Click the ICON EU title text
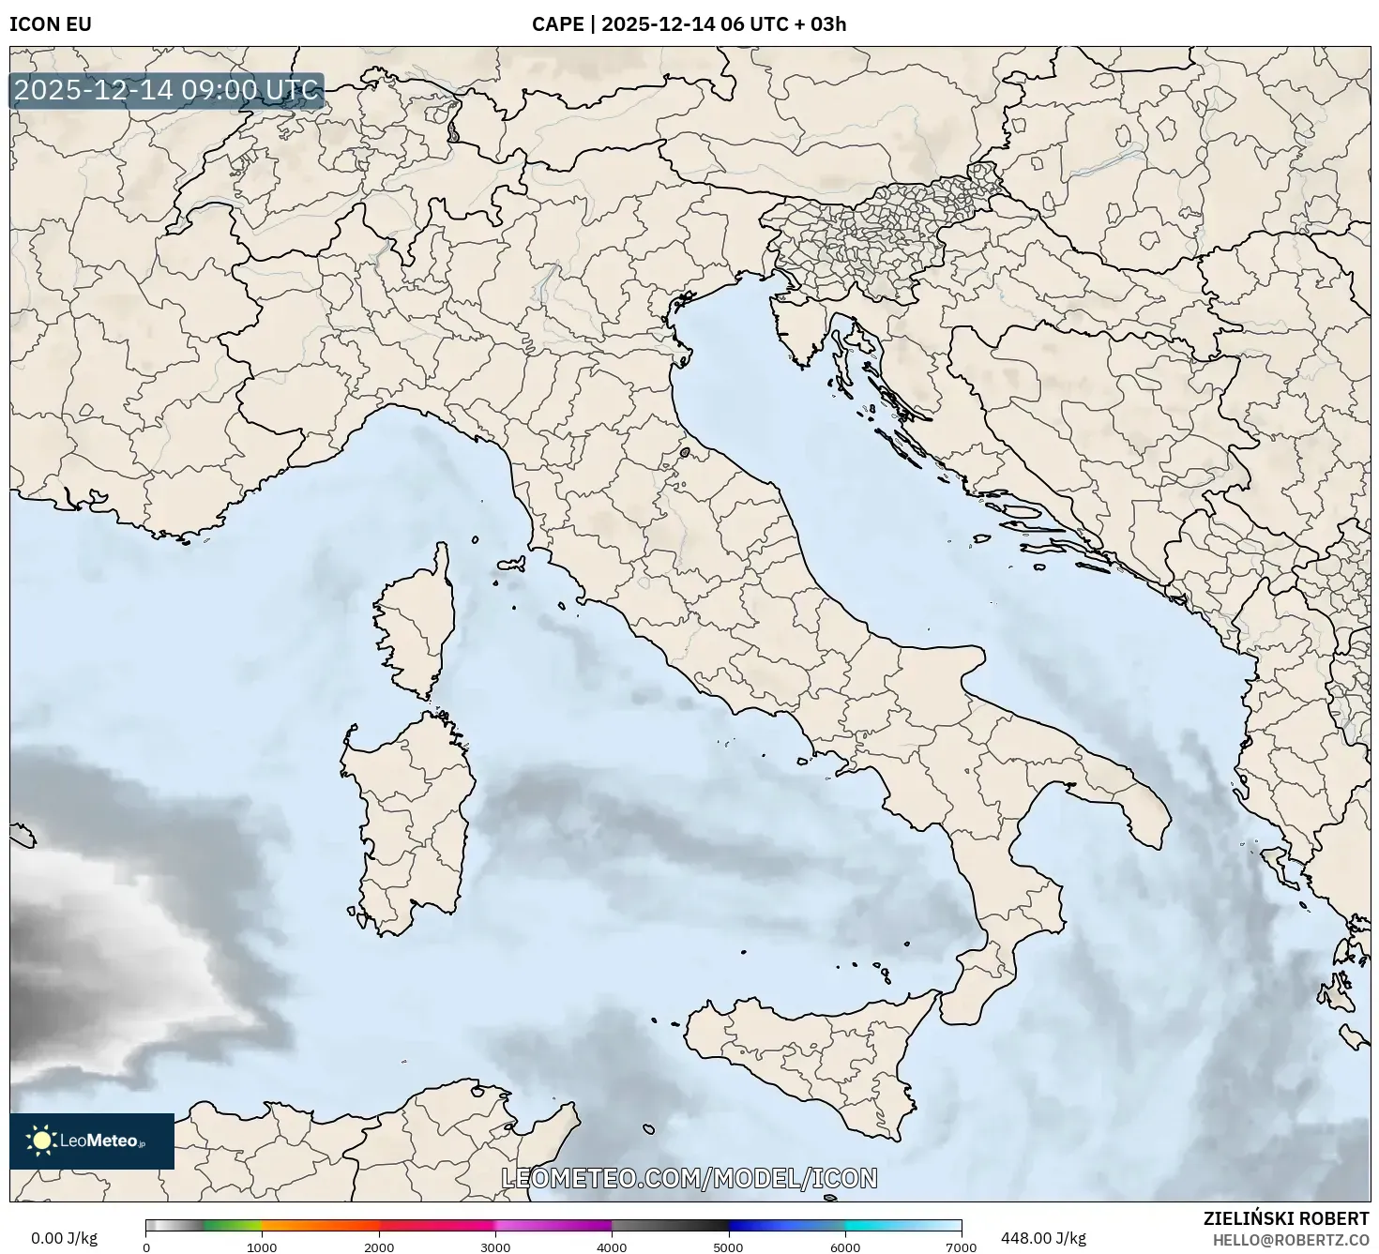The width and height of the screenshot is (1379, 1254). pyautogui.click(x=51, y=24)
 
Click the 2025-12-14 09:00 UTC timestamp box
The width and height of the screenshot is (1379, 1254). pyautogui.click(x=166, y=91)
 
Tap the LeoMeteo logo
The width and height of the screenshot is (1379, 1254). pyautogui.click(x=91, y=1141)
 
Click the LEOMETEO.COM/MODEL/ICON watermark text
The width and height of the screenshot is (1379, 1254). pyautogui.click(x=689, y=1178)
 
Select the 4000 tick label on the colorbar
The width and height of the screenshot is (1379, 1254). pyautogui.click(x=612, y=1247)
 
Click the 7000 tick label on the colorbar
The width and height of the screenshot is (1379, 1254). pyautogui.click(x=962, y=1247)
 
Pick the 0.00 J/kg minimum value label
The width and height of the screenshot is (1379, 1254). pyautogui.click(x=64, y=1238)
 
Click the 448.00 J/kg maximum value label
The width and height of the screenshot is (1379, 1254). pyautogui.click(x=1043, y=1238)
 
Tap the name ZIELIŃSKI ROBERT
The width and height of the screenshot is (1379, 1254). pyautogui.click(x=1285, y=1218)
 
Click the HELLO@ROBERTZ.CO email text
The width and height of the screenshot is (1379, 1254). pyautogui.click(x=1290, y=1240)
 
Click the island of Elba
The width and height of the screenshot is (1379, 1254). pyautogui.click(x=511, y=566)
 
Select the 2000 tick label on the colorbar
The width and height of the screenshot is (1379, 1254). pyautogui.click(x=379, y=1247)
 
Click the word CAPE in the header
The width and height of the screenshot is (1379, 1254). pyautogui.click(x=557, y=24)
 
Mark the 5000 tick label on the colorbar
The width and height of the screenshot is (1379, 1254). pyautogui.click(x=729, y=1247)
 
